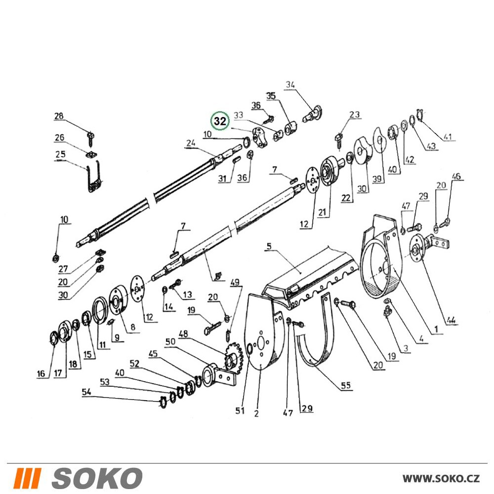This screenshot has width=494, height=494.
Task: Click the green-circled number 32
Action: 220,121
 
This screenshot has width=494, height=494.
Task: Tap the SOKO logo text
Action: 97,478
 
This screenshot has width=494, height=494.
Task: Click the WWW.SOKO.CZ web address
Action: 441,478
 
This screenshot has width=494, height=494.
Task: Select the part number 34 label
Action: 290,85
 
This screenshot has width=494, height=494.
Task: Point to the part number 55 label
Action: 346,385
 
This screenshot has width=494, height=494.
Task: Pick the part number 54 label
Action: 86,392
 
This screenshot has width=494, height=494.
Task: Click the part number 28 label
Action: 59,116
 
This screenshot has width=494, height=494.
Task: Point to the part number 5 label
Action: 269,246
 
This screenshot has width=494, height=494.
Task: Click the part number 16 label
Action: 41,373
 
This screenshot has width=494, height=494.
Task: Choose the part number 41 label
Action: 448,136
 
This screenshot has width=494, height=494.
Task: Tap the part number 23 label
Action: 354,114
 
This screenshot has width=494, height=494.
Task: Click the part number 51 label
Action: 240,411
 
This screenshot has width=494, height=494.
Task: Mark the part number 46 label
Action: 456,176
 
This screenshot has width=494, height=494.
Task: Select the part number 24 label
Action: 191,143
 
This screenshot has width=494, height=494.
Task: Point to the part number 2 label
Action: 256,413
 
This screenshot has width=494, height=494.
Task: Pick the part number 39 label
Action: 377,179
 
